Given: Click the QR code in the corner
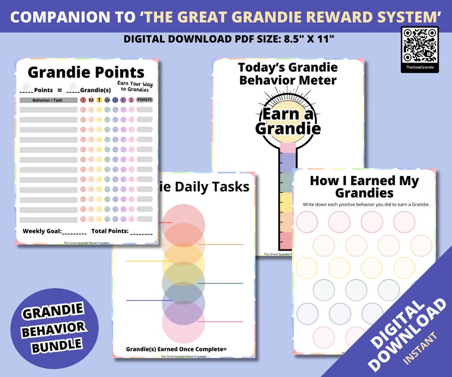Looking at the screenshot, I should [420, 44].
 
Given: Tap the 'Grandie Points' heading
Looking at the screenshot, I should [86, 72].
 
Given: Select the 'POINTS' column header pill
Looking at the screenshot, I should [145, 100].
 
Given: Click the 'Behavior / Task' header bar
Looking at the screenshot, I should [48, 100].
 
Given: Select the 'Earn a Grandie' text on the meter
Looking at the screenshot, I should [289, 121].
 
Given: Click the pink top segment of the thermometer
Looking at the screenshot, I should [288, 147].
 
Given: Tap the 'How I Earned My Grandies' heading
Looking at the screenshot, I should [364, 187].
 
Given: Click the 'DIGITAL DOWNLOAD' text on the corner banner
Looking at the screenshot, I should [408, 330].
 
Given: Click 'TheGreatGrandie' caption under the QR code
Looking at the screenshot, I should [420, 67].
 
